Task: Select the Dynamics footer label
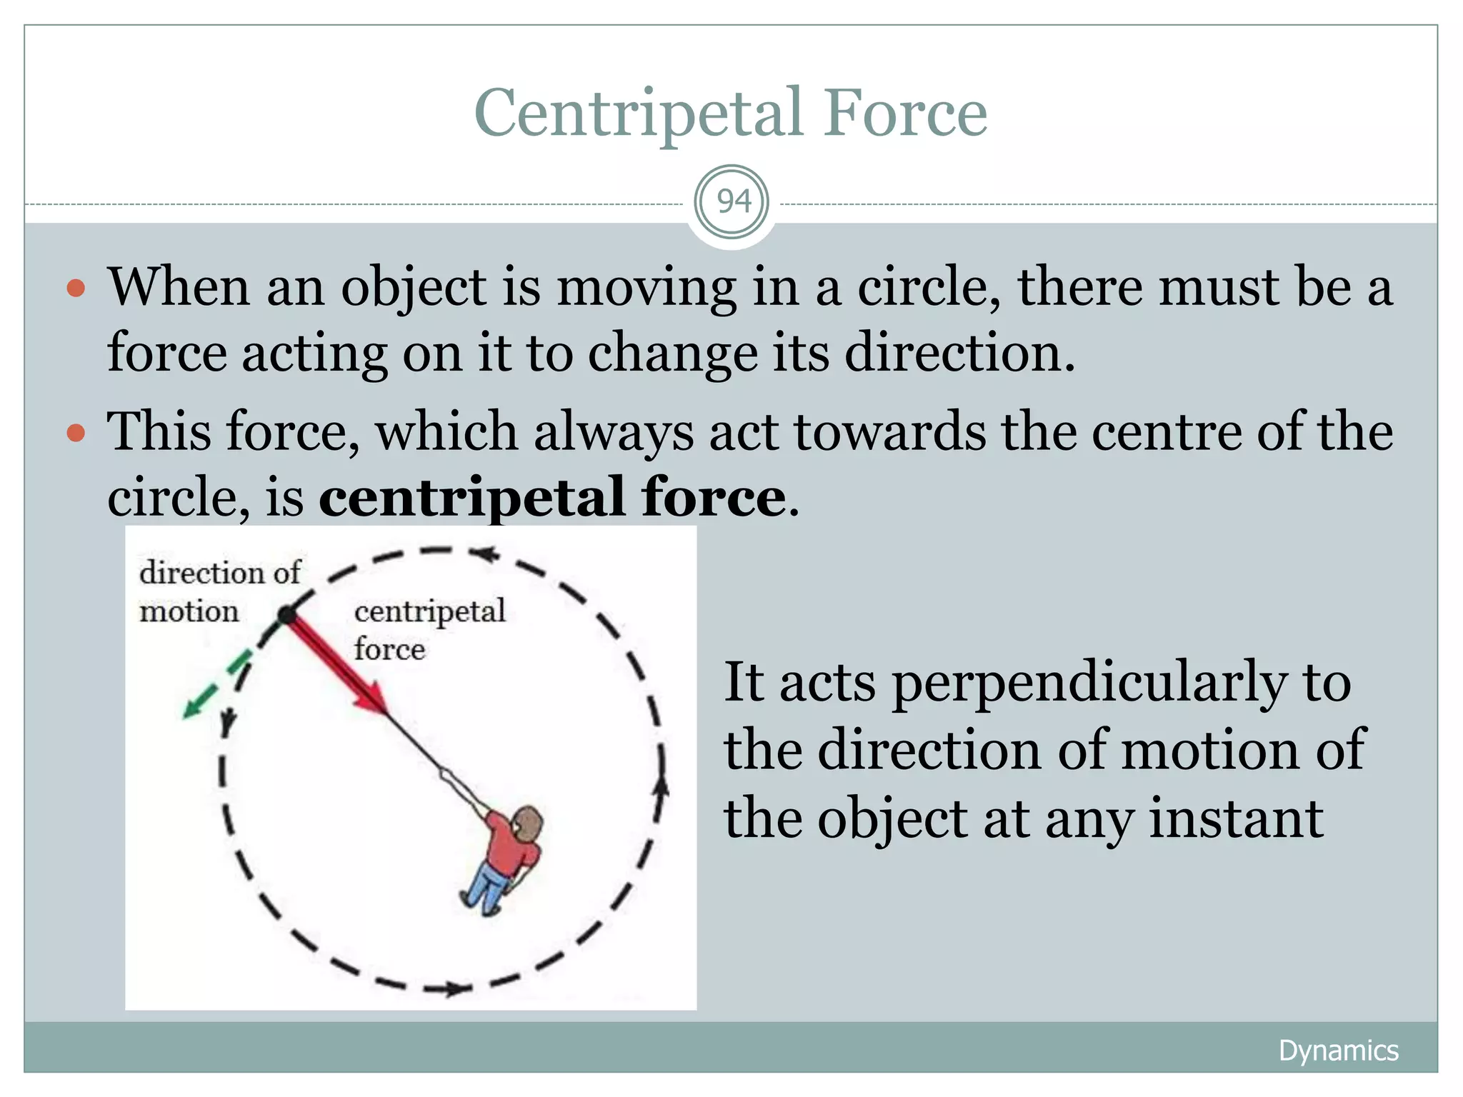[x=1338, y=1051]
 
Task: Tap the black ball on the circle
[x=286, y=614]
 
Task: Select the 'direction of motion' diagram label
[x=219, y=592]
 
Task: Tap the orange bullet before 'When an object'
[x=76, y=289]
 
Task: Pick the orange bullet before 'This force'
[x=76, y=433]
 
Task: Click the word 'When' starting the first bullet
[x=179, y=287]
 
